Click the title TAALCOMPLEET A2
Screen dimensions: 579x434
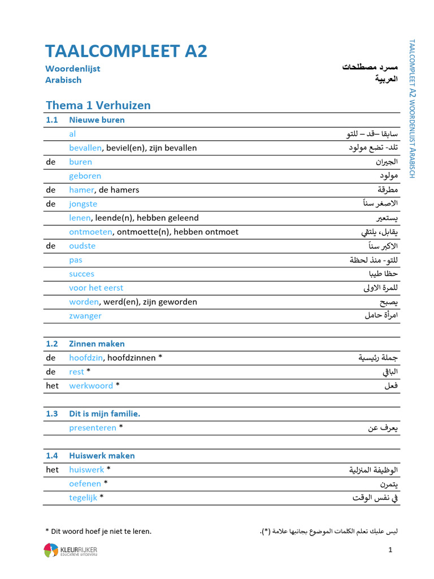coord(126,51)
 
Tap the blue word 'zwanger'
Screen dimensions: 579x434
coord(85,316)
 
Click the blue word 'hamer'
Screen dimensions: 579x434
coord(80,190)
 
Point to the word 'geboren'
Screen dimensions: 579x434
coord(85,176)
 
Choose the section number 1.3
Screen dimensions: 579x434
coord(52,414)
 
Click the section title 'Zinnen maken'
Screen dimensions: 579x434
coord(97,344)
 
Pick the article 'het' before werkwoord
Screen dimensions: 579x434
coord(52,386)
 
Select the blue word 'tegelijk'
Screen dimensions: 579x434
coord(83,498)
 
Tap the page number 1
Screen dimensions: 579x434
coord(390,550)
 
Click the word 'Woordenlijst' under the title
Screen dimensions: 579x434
coord(72,69)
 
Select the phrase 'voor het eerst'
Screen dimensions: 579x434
coord(96,288)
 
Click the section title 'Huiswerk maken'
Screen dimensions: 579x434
coord(102,456)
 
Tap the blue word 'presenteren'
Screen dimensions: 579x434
coord(93,428)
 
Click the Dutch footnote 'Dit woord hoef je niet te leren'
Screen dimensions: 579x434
coord(98,531)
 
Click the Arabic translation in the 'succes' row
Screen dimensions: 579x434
coord(384,274)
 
